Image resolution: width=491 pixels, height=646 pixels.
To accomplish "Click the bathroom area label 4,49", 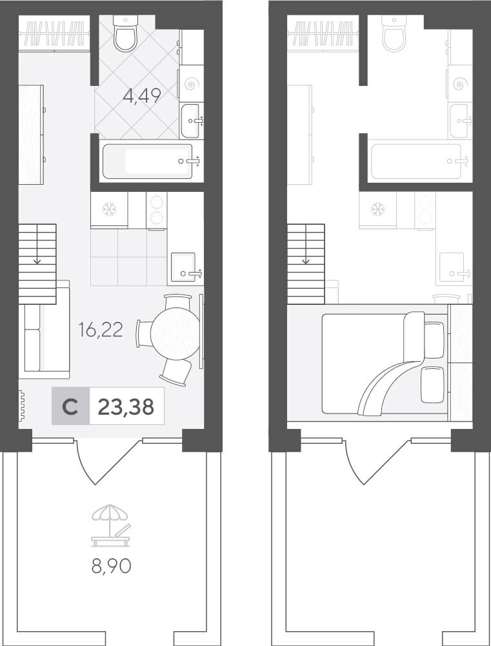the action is click(141, 96).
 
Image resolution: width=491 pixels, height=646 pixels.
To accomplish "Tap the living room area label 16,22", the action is click(101, 330).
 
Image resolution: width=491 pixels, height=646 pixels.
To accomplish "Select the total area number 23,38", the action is click(126, 407).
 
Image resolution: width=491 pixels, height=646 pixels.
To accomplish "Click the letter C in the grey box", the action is click(70, 407).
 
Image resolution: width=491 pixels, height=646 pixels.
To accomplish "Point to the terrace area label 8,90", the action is click(111, 567).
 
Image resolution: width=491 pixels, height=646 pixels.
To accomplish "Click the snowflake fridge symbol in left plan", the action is click(110, 209).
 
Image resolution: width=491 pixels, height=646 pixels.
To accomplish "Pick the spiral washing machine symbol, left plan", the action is click(192, 84).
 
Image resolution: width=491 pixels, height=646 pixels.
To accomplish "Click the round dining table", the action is click(175, 334).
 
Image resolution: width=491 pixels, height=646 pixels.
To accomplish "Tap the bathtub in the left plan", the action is click(147, 161).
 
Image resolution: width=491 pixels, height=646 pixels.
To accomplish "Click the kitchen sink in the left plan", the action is click(183, 267).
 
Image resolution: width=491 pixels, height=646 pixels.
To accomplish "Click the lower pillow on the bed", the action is click(432, 384).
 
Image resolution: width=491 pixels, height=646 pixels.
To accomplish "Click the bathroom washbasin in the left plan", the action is click(190, 121).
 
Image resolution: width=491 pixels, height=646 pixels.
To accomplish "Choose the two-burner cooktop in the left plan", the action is click(157, 210).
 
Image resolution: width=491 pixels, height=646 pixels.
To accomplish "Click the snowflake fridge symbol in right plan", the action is click(377, 209).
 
